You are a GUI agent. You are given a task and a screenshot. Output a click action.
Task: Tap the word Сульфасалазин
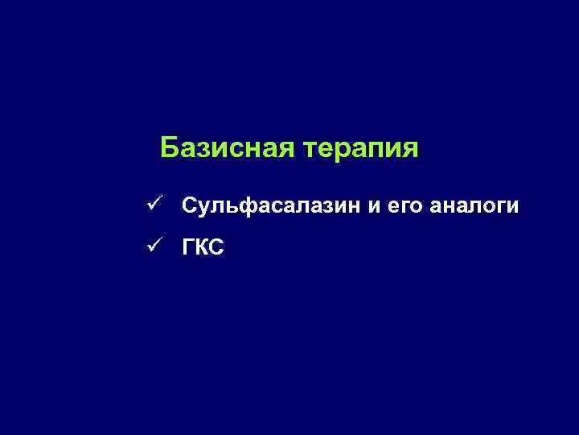(272, 207)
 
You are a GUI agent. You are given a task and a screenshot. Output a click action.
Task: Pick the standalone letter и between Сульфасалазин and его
(374, 208)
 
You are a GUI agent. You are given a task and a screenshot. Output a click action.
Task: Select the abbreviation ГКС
(203, 248)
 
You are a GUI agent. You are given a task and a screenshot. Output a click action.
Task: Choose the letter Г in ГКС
(188, 248)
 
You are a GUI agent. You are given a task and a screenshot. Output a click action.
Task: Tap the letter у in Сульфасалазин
(203, 209)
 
